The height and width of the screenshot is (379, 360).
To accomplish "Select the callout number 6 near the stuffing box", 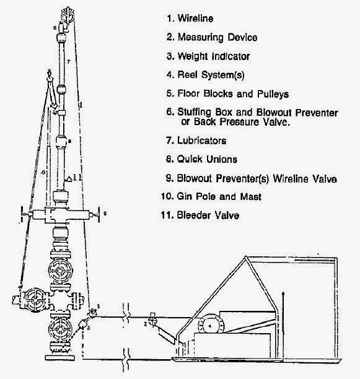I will coord(55,29).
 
